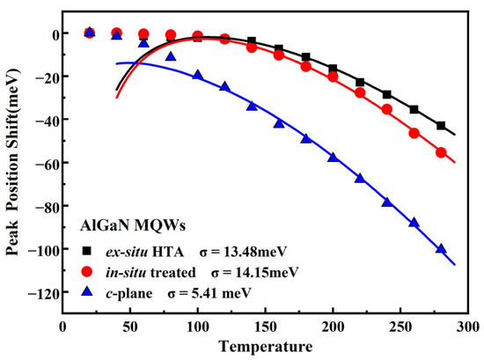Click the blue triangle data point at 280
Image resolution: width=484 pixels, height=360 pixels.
pos(441,249)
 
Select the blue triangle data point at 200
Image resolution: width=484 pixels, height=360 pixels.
pos(333,158)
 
